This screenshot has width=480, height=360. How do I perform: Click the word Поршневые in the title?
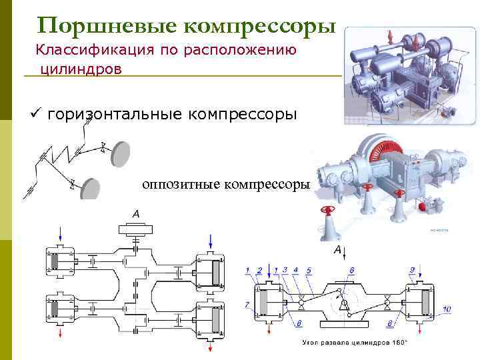(107, 25)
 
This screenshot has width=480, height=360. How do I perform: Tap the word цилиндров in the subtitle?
(81, 69)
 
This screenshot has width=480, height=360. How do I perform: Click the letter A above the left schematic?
(136, 213)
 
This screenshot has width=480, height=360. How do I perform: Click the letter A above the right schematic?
(337, 249)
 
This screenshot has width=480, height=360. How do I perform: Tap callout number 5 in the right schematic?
(309, 270)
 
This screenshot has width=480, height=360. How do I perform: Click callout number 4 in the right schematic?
(295, 270)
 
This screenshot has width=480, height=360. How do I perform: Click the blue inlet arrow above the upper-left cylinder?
(61, 235)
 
